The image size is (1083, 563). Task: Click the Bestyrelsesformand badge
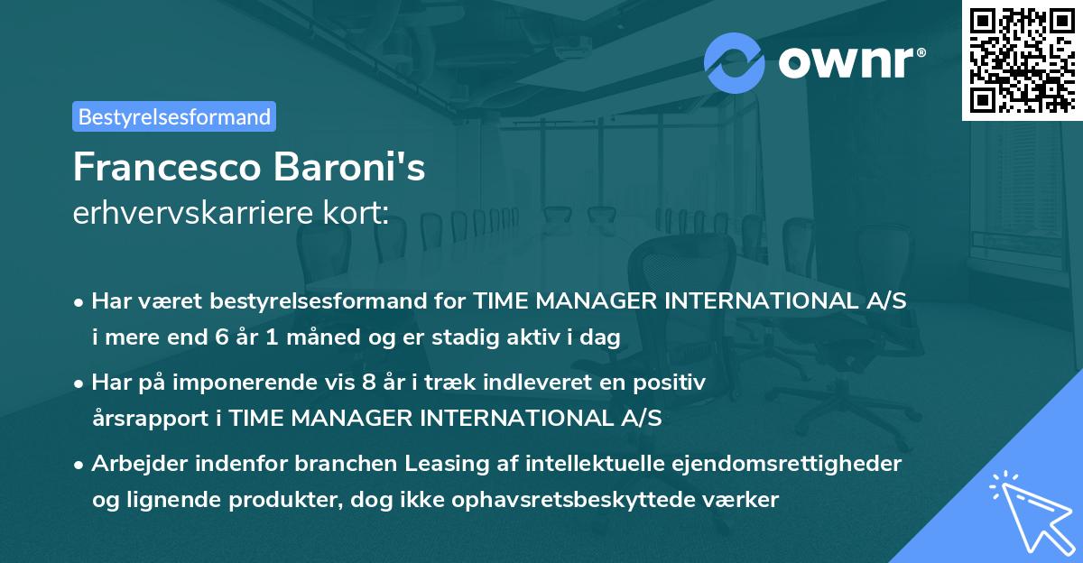click(x=174, y=116)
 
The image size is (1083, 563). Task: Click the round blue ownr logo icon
click(x=734, y=62)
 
